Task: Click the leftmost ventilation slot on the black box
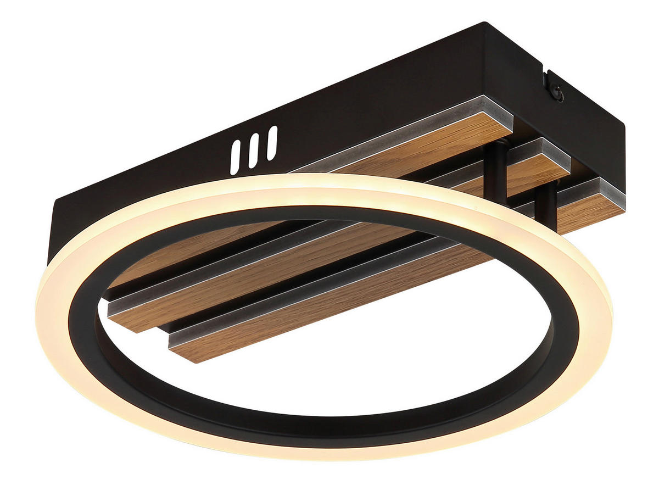pyautogui.click(x=236, y=157)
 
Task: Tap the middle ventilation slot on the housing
pyautogui.click(x=254, y=149)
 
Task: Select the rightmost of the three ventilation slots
pyautogui.click(x=272, y=143)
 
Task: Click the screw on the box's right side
pyautogui.click(x=558, y=95)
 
